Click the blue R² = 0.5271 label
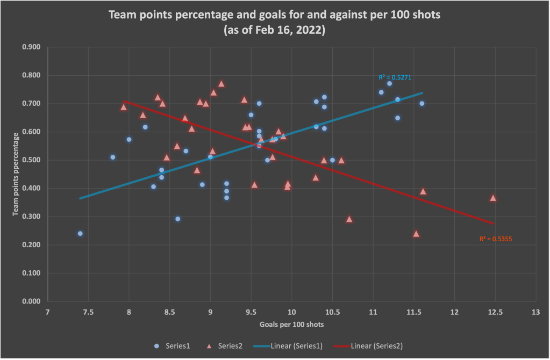point(395,77)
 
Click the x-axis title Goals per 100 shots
point(291,325)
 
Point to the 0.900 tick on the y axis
point(32,47)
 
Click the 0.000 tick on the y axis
point(32,301)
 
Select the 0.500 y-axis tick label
point(32,160)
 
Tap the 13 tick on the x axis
point(535,312)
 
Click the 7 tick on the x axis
point(48,312)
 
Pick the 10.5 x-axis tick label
point(332,312)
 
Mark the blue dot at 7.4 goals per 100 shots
point(80,234)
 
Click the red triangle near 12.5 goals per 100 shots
point(493,198)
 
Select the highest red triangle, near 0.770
point(222,84)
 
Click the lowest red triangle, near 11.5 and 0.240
point(416,234)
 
